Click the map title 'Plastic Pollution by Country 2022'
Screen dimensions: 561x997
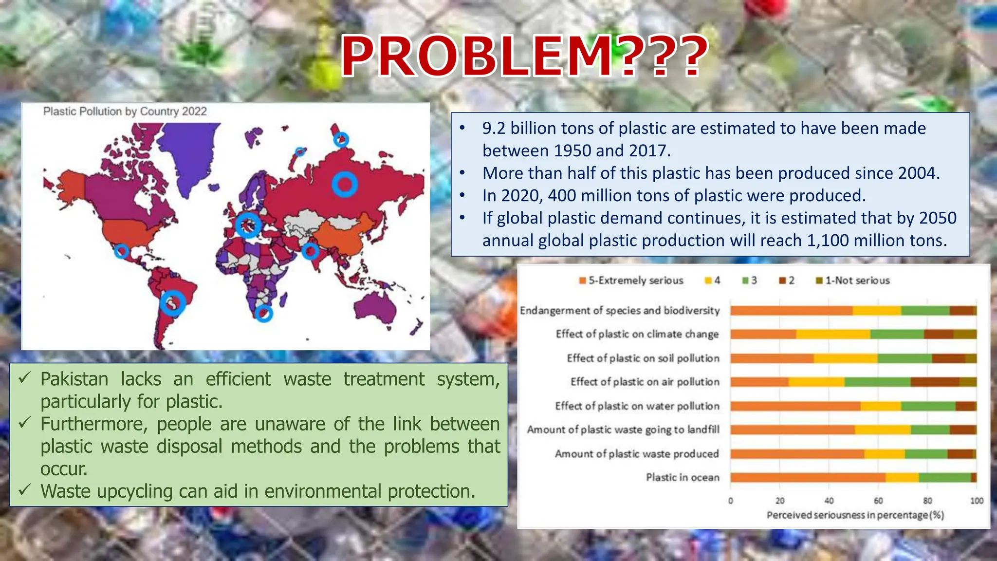125,112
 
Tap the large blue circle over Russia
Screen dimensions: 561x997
345,185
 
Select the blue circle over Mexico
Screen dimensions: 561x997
121,251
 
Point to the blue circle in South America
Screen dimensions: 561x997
173,303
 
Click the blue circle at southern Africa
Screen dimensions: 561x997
264,313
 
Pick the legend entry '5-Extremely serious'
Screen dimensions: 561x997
631,280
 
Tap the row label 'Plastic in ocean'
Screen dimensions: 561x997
683,477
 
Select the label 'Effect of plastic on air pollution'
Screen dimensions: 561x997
645,382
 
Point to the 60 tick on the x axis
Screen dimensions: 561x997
878,501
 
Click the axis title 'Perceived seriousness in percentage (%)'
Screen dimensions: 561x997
855,515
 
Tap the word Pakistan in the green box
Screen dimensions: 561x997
74,379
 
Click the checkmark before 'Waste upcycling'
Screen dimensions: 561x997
25,489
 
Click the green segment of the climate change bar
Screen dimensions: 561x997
897,334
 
